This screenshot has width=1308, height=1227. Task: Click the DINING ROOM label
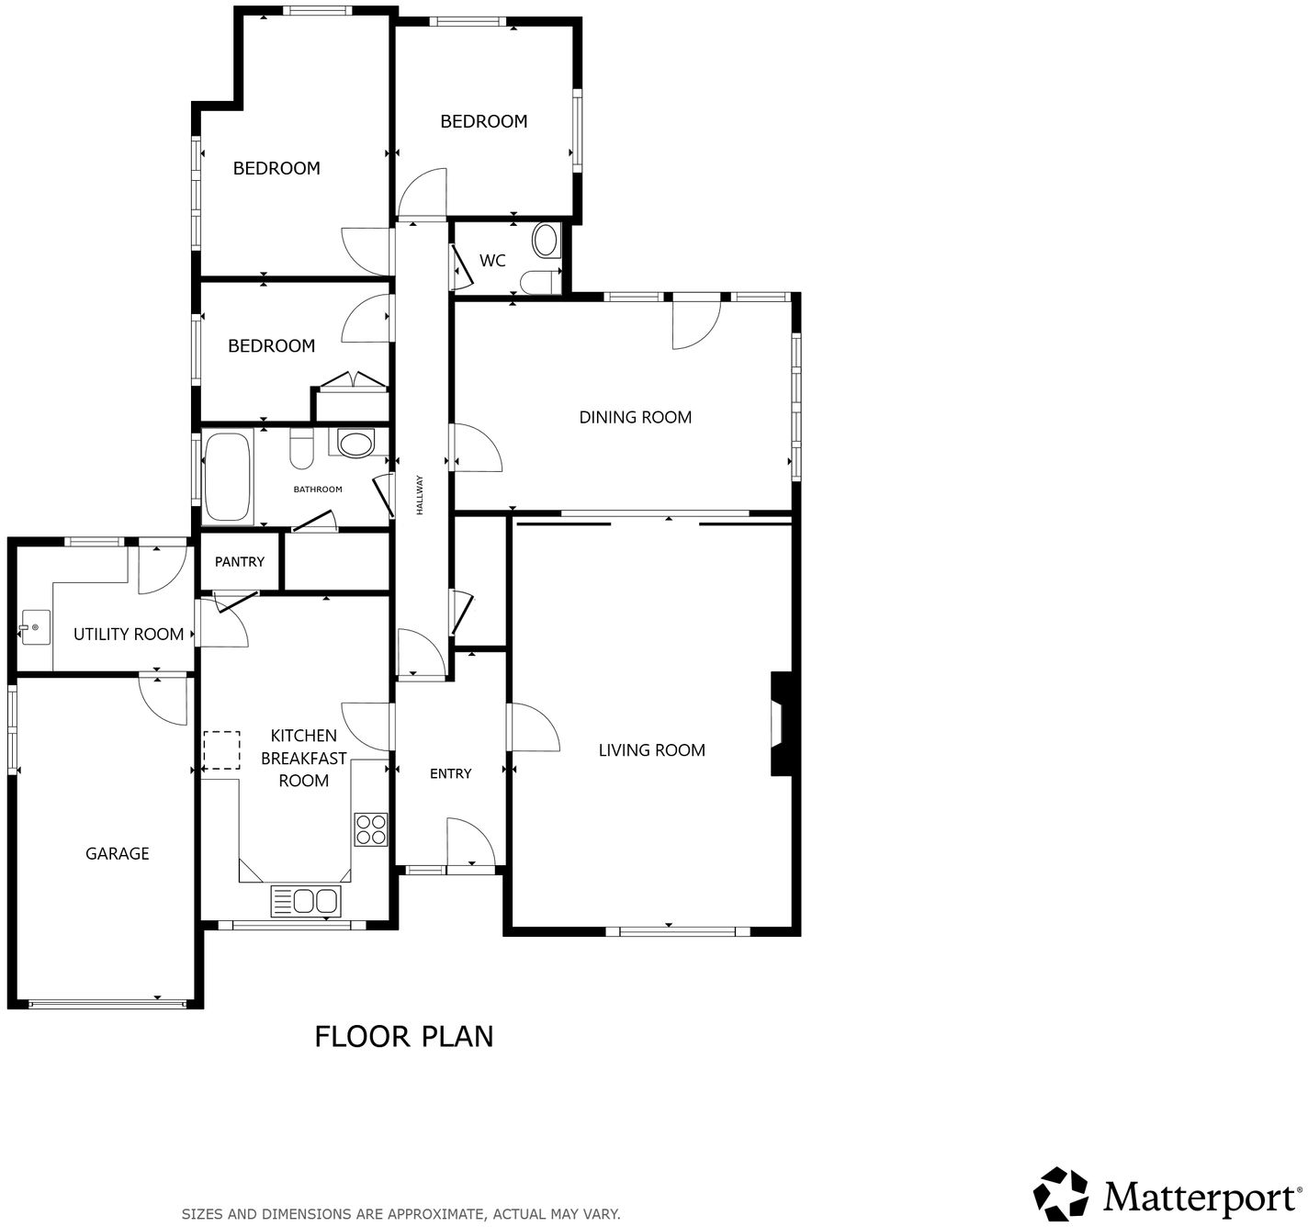[635, 417]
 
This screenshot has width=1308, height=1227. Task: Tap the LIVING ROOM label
[651, 750]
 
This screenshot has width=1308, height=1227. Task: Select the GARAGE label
[117, 853]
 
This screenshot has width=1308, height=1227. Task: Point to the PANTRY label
[240, 562]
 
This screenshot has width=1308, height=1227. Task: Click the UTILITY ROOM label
[129, 634]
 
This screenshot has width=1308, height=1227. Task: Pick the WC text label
[492, 261]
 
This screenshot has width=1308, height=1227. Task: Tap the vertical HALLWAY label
[420, 494]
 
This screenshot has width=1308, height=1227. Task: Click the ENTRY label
[450, 774]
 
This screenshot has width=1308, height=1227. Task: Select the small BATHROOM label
[318, 490]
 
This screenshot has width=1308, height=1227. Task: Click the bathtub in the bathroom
[228, 478]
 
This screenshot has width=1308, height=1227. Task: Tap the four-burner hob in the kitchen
[371, 829]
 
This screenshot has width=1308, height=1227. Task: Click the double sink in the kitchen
[306, 901]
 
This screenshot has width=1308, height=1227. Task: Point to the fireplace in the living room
[780, 724]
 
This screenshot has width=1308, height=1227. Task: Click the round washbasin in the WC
[546, 241]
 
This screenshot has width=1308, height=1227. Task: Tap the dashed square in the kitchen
[220, 749]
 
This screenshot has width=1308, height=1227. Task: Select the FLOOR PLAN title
[404, 1036]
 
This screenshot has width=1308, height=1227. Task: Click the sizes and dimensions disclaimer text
[400, 1213]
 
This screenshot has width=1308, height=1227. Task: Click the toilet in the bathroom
[301, 449]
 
